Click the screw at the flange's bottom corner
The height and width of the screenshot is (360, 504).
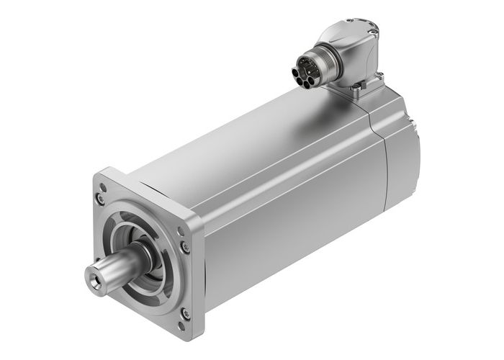184,312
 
